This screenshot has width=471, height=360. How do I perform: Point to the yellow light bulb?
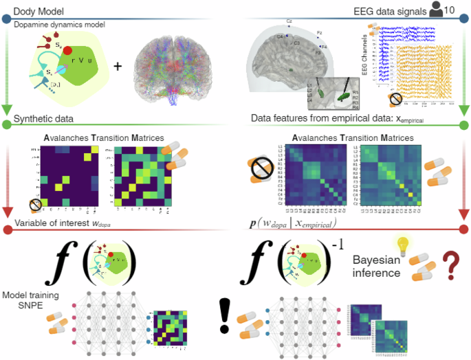click(404, 246)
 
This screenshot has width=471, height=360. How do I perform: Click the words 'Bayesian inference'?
click(380, 267)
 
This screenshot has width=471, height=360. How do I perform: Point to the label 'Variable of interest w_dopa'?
click(66, 225)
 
